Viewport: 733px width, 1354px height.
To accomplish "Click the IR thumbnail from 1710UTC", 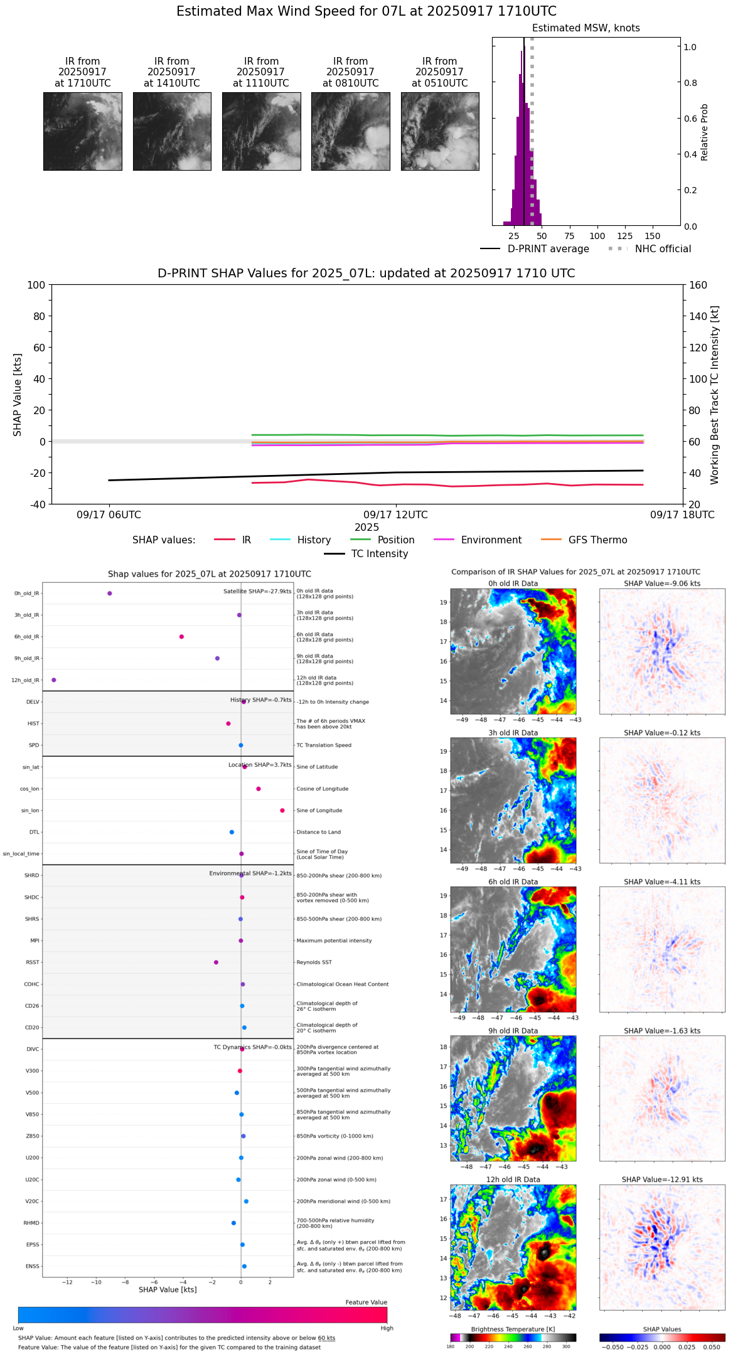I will coord(83,131).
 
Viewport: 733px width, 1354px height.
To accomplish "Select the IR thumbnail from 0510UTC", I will coord(440,131).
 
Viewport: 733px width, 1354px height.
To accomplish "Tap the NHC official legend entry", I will coord(663,249).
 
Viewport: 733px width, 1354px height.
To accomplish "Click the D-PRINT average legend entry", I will coord(548,249).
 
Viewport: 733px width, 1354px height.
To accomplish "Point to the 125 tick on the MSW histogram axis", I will coord(624,236).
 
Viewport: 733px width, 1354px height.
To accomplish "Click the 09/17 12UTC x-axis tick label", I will coord(395,515).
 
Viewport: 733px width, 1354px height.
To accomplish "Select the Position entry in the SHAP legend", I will coord(395,540).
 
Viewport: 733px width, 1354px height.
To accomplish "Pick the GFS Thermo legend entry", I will coord(597,540).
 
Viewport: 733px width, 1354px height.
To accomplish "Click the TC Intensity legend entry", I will coord(379,554).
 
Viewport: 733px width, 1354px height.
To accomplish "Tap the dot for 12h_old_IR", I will coord(54,680).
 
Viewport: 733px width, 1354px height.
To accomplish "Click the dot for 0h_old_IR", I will coord(110,594).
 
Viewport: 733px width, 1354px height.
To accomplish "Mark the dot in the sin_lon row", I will coord(282,811).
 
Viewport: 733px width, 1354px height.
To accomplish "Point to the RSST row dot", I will coord(217,962).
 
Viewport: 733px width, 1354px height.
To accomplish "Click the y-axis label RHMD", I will coord(31,1223).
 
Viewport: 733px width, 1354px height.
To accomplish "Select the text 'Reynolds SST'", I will coord(314,962).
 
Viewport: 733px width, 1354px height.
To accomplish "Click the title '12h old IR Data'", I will coord(513,1180).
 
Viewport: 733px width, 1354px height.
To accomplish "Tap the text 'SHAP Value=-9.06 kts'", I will coord(662,584).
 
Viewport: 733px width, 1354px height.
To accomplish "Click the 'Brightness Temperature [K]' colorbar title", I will coord(513,1329).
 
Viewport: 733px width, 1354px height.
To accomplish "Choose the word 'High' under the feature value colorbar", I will coord(387,1328).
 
